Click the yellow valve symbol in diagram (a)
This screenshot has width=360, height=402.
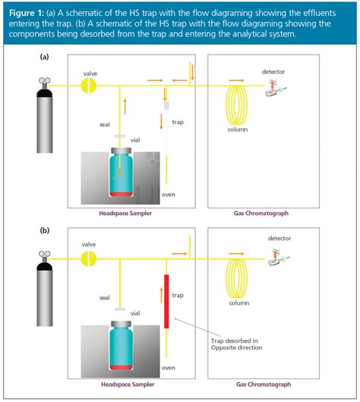point(89,86)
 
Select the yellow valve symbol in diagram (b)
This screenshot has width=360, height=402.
point(89,259)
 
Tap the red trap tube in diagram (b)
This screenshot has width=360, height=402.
point(166,301)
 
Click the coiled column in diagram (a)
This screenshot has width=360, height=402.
point(236,105)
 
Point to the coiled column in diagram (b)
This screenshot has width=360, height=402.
point(236,278)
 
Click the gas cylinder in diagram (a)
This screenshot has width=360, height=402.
point(45,116)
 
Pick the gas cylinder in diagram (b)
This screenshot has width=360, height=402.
point(45,289)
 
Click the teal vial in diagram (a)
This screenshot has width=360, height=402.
point(122,173)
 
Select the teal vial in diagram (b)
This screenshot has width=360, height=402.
point(122,346)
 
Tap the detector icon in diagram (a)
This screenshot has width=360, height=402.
point(275,88)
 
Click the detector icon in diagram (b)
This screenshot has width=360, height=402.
point(278,258)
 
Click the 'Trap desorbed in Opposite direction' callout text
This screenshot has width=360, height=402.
point(236,344)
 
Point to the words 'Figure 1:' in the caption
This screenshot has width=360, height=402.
point(27,13)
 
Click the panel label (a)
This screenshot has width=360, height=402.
point(44,57)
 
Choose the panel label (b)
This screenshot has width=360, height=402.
point(45,230)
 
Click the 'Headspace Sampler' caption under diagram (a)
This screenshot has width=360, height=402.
point(125,214)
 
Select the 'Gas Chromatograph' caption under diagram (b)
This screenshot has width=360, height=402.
point(264,385)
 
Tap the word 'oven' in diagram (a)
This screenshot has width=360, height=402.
point(169,195)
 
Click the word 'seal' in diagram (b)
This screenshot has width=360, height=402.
point(105,298)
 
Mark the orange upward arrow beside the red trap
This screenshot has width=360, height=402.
point(162,295)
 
